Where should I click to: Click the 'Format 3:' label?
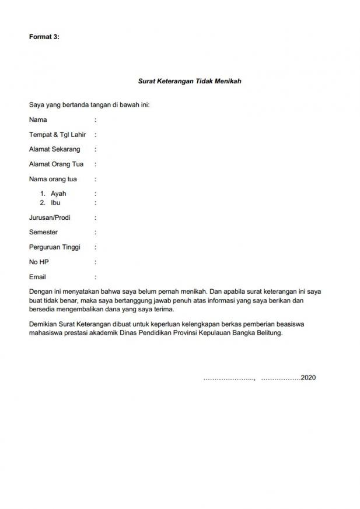(x=44, y=37)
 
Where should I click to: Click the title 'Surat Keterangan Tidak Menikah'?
(x=190, y=82)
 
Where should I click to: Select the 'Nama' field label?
(x=38, y=120)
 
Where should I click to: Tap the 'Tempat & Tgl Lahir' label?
(x=57, y=135)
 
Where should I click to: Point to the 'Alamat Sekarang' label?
(x=54, y=149)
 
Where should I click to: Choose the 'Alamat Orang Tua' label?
(x=56, y=164)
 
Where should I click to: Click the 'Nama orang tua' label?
(x=53, y=179)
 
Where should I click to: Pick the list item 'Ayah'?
(x=58, y=194)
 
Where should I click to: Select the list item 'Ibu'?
(x=55, y=202)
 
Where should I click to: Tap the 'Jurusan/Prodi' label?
(x=50, y=217)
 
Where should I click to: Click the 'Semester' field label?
(x=43, y=232)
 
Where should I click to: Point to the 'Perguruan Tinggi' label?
(x=54, y=247)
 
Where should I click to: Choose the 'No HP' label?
(x=39, y=262)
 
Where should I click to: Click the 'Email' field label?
(x=37, y=277)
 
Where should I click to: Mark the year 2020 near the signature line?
(x=308, y=378)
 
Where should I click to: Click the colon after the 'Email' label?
(x=95, y=277)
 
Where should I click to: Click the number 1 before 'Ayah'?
(x=42, y=194)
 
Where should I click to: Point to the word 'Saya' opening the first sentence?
(x=36, y=105)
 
